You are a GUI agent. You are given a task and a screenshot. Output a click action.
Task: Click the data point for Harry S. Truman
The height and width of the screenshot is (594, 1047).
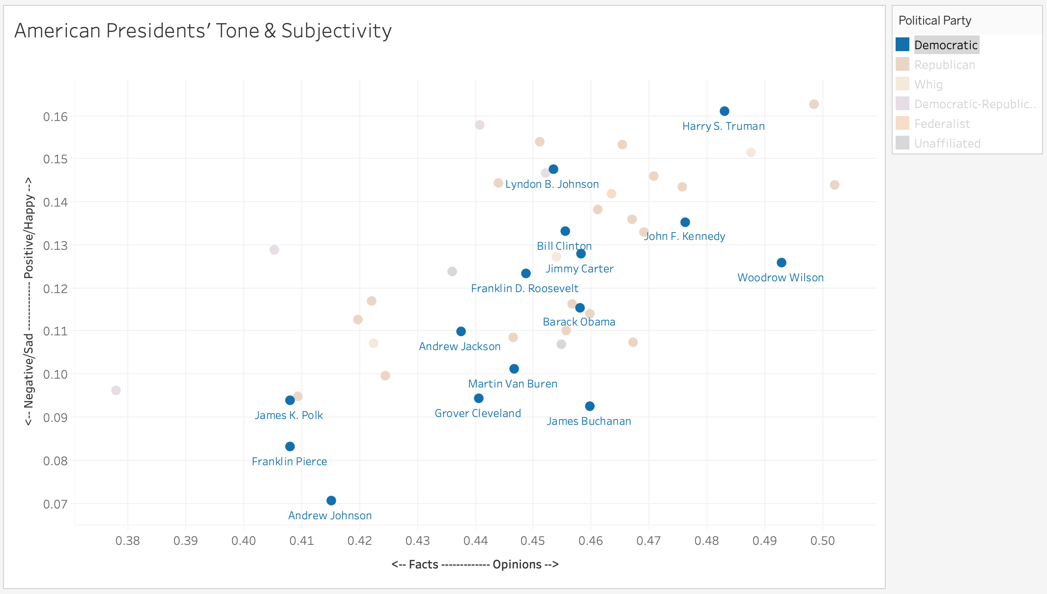[724, 111]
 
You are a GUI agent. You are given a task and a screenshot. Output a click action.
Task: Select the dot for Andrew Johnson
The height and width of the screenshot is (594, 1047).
[331, 501]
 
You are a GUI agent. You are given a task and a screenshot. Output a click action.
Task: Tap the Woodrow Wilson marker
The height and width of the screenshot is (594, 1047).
[781, 263]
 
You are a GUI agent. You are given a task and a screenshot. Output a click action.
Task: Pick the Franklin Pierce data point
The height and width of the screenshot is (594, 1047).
[290, 446]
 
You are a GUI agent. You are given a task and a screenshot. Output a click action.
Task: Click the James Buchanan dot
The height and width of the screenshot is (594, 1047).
[590, 406]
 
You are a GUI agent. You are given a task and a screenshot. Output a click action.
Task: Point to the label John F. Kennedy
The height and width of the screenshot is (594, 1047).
[684, 237]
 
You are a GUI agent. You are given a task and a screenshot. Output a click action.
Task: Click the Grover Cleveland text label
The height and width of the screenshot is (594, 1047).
[478, 414]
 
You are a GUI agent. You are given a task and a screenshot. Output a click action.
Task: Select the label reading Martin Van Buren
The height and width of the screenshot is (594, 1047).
[513, 384]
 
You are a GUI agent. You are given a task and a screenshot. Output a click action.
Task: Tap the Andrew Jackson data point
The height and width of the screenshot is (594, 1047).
[461, 331]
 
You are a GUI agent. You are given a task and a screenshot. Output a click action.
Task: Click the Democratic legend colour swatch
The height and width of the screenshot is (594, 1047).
[902, 45]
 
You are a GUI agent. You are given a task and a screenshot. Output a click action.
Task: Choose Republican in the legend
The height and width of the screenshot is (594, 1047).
[944, 65]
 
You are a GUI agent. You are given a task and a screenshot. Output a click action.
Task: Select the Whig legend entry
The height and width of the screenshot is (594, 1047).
[928, 85]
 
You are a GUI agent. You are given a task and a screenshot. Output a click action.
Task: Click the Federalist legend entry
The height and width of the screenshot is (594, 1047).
[942, 124]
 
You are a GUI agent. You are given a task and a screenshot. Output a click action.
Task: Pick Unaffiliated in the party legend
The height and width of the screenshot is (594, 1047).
[947, 144]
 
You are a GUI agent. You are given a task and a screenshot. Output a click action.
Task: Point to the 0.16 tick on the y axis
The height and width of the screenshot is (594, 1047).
[55, 117]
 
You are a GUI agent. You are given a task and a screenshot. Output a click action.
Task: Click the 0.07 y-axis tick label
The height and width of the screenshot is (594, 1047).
[55, 504]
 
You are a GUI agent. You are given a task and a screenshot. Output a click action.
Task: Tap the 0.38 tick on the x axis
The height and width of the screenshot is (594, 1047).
[128, 541]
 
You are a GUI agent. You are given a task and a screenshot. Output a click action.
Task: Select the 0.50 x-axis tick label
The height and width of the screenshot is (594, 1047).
[822, 541]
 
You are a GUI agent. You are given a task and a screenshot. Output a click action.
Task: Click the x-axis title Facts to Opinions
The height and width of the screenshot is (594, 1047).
[475, 564]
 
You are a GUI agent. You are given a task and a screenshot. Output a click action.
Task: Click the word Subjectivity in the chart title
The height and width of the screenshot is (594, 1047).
[336, 31]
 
